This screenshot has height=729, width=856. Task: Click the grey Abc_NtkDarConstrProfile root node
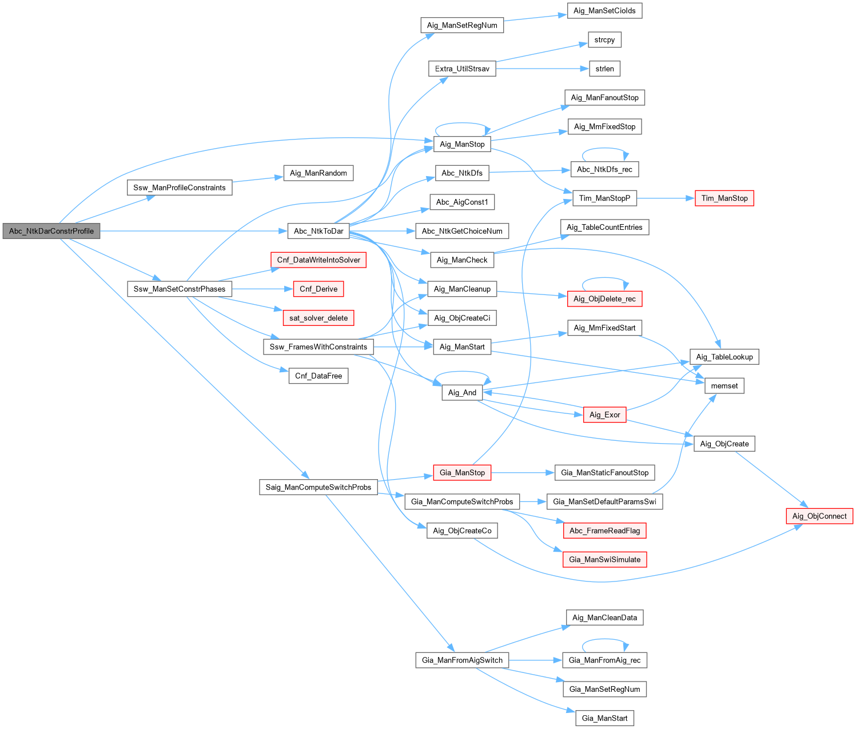(x=51, y=231)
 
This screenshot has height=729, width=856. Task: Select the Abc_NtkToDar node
(x=318, y=231)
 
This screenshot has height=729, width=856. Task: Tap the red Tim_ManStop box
(x=724, y=198)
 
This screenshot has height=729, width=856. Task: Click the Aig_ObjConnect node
(x=819, y=516)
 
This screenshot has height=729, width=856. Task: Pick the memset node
(x=724, y=386)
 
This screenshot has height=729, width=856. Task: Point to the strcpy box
(x=604, y=40)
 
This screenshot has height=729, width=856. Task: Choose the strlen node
(x=604, y=69)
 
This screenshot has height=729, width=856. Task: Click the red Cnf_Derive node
(x=318, y=289)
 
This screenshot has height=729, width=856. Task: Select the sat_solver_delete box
(x=318, y=318)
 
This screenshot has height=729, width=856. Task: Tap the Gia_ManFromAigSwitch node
(x=462, y=660)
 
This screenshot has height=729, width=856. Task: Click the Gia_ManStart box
(x=604, y=718)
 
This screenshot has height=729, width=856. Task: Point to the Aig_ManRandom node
(x=318, y=173)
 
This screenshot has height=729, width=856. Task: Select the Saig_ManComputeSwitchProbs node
(x=318, y=487)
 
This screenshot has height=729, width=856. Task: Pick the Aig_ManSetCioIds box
(x=604, y=11)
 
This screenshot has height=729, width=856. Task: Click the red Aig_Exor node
(x=604, y=415)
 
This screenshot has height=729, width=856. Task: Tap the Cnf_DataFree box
(x=318, y=376)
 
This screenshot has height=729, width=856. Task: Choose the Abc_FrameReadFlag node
(x=604, y=531)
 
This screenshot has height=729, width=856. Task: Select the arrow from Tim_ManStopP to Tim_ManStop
(x=666, y=198)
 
